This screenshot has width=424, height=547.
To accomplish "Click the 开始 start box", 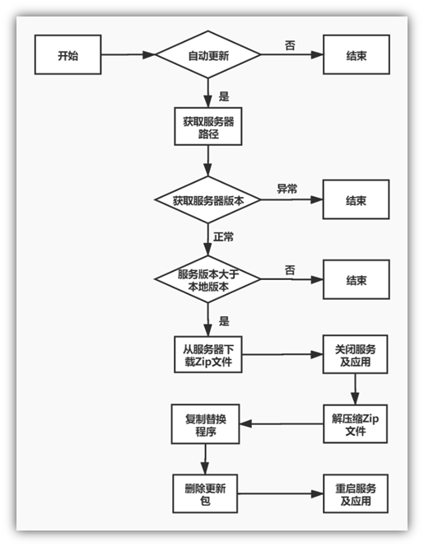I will (68, 56).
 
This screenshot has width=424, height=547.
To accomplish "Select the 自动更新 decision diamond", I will (208, 56).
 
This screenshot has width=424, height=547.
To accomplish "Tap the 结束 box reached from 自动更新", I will (356, 56).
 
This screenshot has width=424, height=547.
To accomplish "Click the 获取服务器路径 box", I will (208, 125).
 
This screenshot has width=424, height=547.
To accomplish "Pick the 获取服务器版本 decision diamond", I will (208, 200).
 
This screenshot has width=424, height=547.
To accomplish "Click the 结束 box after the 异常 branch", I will (356, 200).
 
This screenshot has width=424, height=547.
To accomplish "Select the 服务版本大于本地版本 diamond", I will (208, 279).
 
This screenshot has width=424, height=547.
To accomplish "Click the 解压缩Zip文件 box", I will (356, 424).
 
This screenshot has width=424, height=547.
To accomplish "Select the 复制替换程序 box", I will (205, 424).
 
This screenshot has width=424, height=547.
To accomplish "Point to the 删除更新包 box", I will (205, 494).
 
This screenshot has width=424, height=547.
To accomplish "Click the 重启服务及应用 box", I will (356, 494).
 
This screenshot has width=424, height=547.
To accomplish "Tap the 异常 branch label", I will (287, 189).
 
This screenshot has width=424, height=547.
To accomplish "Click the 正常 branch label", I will (223, 237).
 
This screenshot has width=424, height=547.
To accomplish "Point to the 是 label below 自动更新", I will (223, 95).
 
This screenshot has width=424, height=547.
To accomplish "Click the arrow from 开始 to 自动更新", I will (128, 56).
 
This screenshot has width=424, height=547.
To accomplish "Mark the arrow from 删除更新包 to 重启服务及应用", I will (280, 494).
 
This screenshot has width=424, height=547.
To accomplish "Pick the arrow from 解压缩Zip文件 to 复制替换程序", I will (280, 424).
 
